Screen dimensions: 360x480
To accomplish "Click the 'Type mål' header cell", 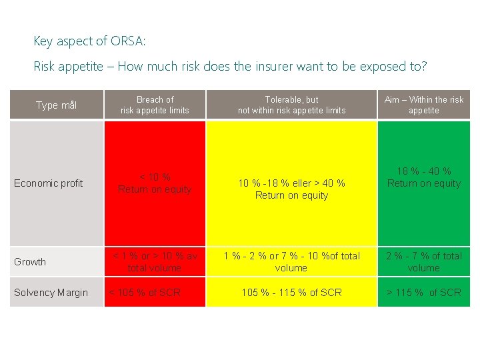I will pyautogui.click(x=57, y=105).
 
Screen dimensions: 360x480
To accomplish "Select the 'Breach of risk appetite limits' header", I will pyautogui.click(x=155, y=105).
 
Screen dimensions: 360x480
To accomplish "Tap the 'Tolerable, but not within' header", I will pyautogui.click(x=291, y=105).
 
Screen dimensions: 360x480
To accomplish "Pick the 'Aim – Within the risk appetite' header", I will pyautogui.click(x=423, y=105).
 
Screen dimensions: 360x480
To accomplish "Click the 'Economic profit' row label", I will pyautogui.click(x=49, y=183).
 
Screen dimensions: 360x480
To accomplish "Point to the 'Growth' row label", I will pyautogui.click(x=31, y=262).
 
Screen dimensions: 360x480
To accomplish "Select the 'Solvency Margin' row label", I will pyautogui.click(x=51, y=293).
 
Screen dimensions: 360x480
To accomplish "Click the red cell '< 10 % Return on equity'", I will pyautogui.click(x=155, y=183).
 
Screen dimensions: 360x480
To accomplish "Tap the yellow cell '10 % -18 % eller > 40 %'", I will pyautogui.click(x=291, y=189).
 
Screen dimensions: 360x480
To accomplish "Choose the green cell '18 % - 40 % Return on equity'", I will pyautogui.click(x=423, y=177).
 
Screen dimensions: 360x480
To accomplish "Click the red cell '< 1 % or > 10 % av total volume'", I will pyautogui.click(x=155, y=262).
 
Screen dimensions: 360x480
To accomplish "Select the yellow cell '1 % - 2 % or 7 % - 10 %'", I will pyautogui.click(x=291, y=262).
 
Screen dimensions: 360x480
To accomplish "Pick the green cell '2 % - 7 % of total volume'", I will pyautogui.click(x=423, y=262).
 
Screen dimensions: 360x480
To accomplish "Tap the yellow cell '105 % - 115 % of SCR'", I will pyautogui.click(x=291, y=293).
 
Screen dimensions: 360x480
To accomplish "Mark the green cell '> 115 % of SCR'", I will pyautogui.click(x=423, y=293).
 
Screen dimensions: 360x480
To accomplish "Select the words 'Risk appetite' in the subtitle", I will pyautogui.click(x=65, y=67).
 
